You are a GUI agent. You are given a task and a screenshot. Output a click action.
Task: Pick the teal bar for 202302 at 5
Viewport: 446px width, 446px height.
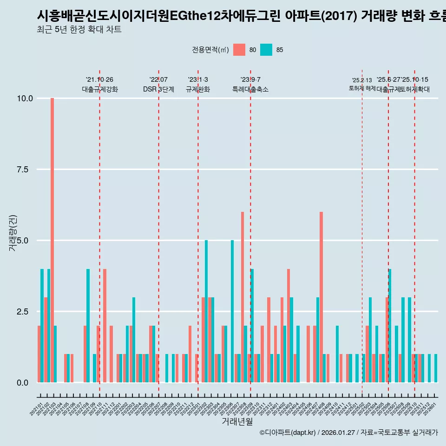(206, 311)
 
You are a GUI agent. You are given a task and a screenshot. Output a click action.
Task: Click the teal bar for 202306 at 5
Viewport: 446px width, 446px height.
(232, 311)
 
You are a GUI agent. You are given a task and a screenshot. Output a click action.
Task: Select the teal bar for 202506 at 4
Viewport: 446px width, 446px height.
(390, 325)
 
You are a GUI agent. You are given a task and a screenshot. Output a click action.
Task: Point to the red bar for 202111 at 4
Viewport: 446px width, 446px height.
(105, 325)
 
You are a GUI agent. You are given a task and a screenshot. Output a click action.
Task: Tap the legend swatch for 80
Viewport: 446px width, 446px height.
(239, 50)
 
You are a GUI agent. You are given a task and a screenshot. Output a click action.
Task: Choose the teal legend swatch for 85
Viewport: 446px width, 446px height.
(266, 50)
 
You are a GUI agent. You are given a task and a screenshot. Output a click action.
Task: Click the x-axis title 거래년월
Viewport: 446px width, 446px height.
(237, 422)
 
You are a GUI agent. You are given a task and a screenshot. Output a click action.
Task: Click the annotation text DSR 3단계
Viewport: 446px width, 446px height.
(158, 89)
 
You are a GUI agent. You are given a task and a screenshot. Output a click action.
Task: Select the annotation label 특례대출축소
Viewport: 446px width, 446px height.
(250, 89)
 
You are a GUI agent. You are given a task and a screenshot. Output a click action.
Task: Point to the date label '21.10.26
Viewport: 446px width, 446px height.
(99, 80)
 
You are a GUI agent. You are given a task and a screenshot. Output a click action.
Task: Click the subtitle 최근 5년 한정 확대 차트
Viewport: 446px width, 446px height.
(79, 30)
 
